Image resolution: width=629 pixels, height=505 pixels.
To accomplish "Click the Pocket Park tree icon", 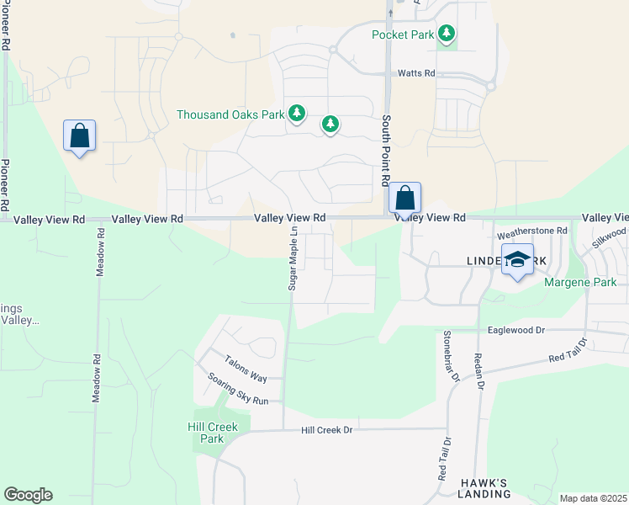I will tap(447, 34).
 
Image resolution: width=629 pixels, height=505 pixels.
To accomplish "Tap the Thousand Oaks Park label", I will tap(231, 114).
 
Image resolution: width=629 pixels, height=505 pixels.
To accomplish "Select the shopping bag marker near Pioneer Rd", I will tap(79, 136).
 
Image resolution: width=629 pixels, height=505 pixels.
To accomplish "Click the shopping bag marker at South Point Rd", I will tap(404, 199).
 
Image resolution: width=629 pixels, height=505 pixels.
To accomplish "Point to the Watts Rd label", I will tap(416, 74).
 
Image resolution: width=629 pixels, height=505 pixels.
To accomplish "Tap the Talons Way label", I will tap(245, 379).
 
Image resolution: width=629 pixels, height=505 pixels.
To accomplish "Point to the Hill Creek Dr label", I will tap(327, 430).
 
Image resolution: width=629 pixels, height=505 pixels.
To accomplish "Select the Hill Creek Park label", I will tap(212, 433).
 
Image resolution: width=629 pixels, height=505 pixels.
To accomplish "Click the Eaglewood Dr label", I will tap(515, 332).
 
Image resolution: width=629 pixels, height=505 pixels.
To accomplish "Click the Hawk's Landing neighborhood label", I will tap(484, 488).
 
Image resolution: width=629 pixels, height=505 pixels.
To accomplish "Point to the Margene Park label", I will tap(573, 283).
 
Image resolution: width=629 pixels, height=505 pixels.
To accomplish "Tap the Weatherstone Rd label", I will tap(532, 230).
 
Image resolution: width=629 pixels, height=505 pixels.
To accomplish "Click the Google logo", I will tap(28, 495).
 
